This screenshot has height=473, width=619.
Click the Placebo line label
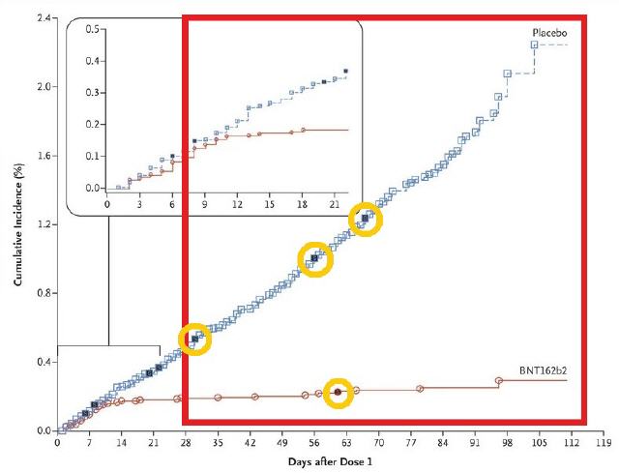point(549,32)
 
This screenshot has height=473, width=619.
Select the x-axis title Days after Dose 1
point(330,461)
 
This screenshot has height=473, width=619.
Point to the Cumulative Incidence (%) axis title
point(17,224)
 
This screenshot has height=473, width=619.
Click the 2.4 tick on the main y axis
point(43,18)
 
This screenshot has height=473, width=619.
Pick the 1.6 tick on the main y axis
point(43,156)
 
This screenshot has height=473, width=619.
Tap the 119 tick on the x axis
point(603,442)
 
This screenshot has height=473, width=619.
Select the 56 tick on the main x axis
point(314,442)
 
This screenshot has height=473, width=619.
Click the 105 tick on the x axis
point(540,442)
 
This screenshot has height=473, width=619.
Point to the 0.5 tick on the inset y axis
point(93,29)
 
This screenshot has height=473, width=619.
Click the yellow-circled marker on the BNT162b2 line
point(338,392)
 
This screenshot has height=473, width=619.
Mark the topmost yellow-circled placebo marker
point(365,218)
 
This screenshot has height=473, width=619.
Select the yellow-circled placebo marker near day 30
point(194,339)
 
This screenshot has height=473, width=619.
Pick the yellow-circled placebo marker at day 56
point(314,258)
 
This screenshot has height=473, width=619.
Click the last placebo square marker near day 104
point(534,44)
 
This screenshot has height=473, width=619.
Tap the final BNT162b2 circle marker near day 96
point(499,380)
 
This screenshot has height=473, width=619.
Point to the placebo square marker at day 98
point(507,74)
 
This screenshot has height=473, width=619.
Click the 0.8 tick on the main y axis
point(43,293)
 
